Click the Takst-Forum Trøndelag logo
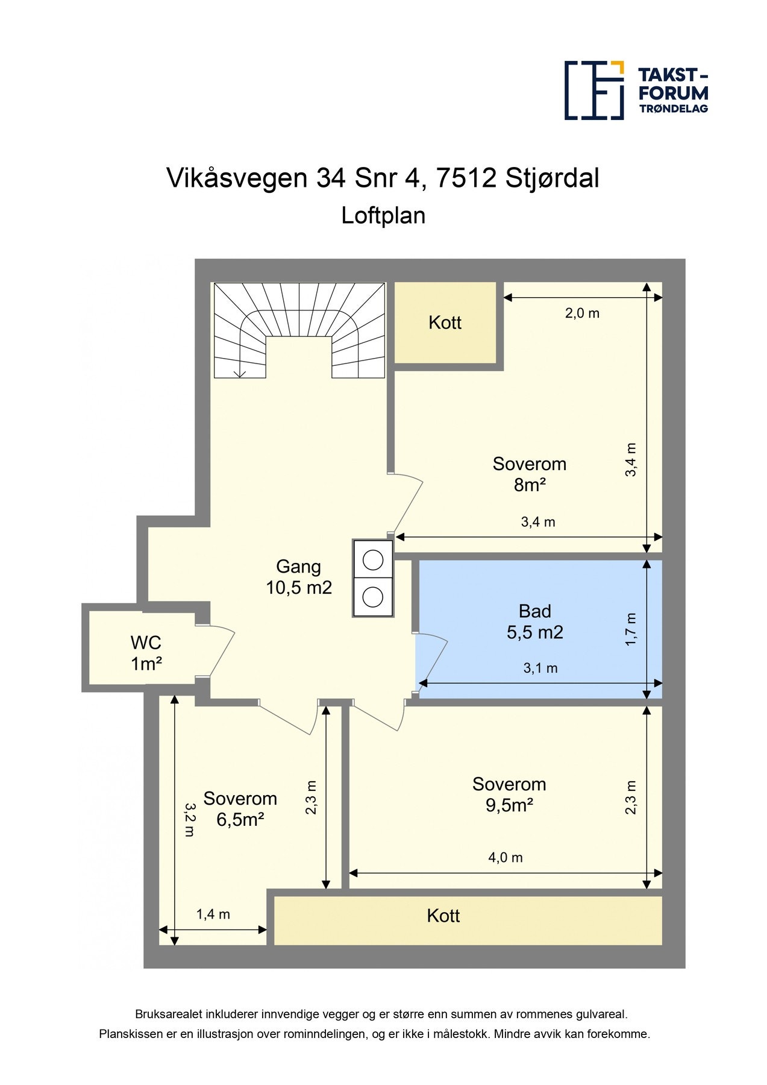(636, 90)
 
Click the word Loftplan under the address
(383, 215)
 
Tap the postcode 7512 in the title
(465, 178)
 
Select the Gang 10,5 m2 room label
(299, 577)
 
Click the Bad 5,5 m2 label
(534, 621)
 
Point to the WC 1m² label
(146, 653)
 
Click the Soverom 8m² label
(529, 474)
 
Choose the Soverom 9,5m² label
(509, 794)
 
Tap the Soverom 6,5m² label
(240, 809)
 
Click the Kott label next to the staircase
(445, 322)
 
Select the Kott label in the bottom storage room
(443, 916)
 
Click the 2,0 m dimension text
(582, 313)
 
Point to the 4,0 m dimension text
(505, 858)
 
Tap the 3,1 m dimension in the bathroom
(540, 668)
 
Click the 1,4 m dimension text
(213, 914)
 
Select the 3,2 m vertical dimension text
(189, 819)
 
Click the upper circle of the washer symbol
(373, 560)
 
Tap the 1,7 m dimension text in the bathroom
(631, 629)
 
